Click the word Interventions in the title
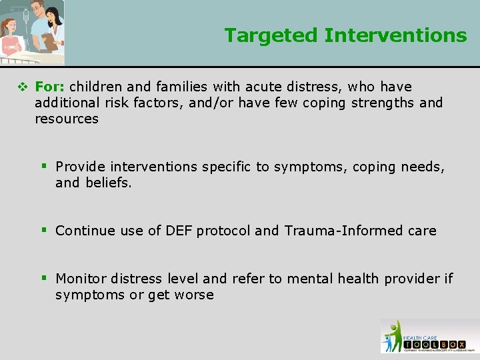395,35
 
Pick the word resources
67,119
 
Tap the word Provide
81,167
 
